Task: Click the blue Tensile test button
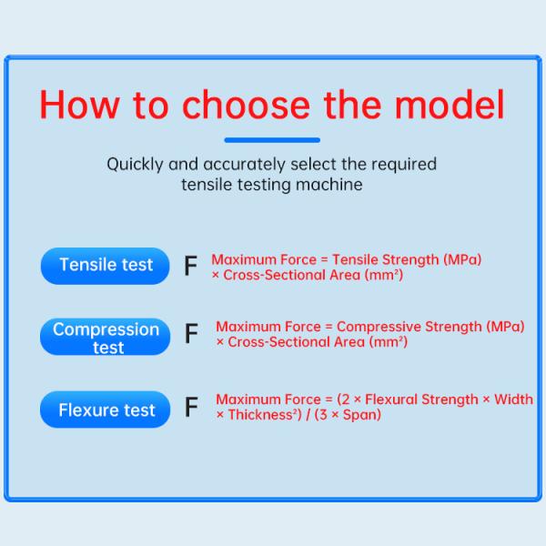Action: (106, 266)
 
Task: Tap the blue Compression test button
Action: (106, 338)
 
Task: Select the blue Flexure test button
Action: (106, 410)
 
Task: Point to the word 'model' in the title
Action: (450, 105)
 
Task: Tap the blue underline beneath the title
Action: (272, 140)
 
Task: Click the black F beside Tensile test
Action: (190, 267)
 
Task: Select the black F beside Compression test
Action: (191, 334)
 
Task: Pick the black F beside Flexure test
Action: (191, 407)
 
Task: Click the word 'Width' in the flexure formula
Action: (513, 399)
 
